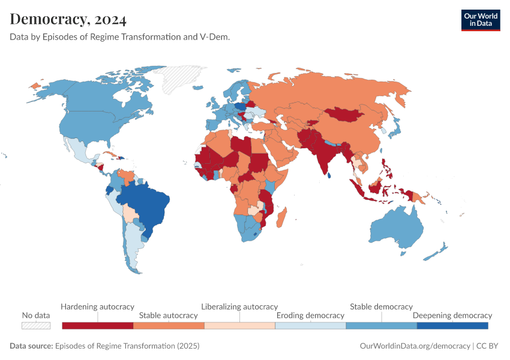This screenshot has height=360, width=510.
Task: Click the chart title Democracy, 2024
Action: click(68, 19)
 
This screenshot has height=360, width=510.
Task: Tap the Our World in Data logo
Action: click(480, 20)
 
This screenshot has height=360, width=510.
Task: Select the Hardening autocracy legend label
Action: click(97, 307)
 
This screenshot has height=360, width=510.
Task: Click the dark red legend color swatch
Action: click(97, 325)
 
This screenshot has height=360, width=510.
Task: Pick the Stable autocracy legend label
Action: click(168, 315)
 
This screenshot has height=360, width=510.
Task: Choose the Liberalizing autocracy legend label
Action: click(239, 307)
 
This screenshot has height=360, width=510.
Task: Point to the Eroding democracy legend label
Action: click(310, 315)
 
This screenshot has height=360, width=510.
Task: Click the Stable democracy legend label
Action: click(381, 307)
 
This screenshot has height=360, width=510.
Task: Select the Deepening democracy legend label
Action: click(452, 315)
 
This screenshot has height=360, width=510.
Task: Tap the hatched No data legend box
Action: click(35, 325)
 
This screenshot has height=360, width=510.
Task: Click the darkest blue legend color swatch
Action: click(452, 325)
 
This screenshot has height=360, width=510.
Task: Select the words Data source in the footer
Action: click(31, 346)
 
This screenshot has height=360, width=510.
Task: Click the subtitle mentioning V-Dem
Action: click(120, 37)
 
